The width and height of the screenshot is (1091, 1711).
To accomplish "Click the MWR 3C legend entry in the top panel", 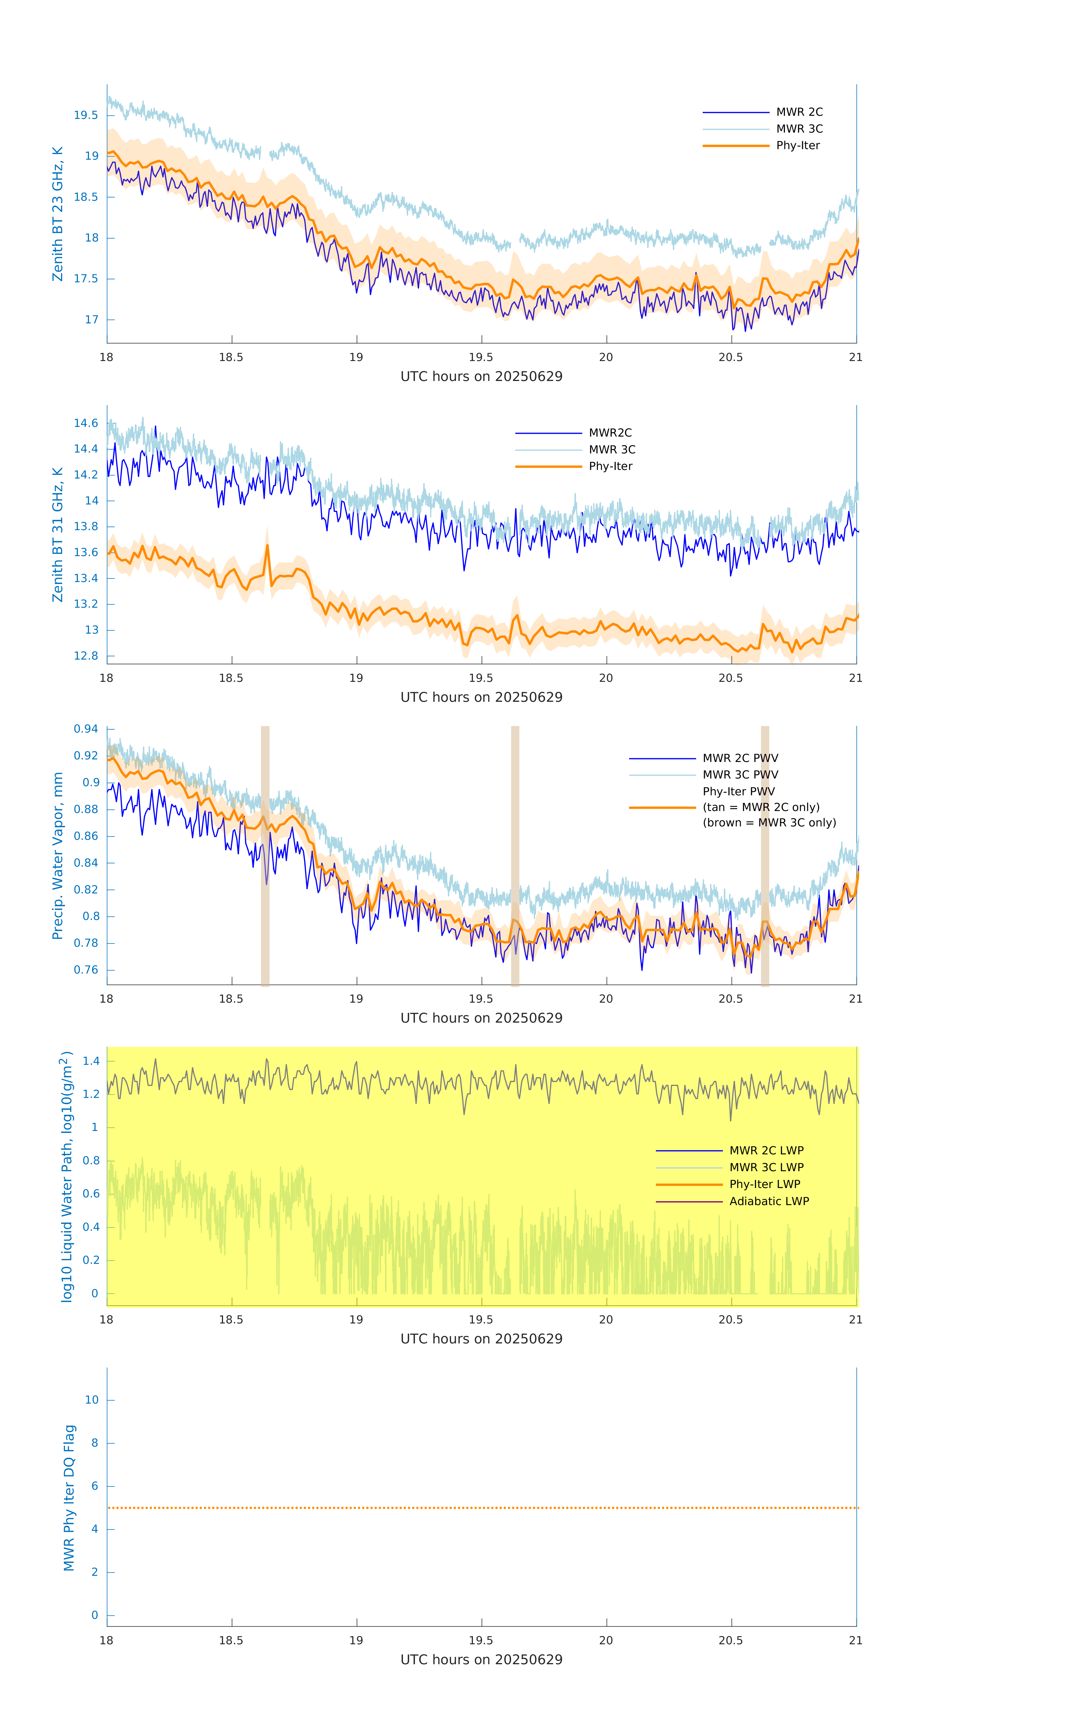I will click(x=799, y=129).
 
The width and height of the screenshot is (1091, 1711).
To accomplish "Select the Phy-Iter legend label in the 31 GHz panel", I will click(x=610, y=466).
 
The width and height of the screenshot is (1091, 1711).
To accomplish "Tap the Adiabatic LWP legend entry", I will click(x=769, y=1201).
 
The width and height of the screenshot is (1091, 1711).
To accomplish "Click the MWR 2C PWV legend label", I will click(x=740, y=758).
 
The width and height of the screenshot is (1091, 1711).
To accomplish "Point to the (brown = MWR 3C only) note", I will click(x=769, y=823).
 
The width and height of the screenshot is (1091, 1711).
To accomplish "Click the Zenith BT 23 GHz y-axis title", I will click(x=58, y=214).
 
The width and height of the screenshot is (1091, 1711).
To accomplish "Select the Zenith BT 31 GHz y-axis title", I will click(x=58, y=534).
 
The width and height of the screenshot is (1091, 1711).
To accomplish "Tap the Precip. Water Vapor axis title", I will click(x=58, y=855).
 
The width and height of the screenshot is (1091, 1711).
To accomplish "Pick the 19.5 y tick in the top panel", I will click(x=86, y=115).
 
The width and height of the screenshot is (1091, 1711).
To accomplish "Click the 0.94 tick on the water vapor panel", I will click(x=86, y=729).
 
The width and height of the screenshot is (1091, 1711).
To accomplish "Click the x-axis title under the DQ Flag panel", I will click(x=481, y=1660).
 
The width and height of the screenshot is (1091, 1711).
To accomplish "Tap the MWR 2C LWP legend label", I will click(x=766, y=1150).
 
